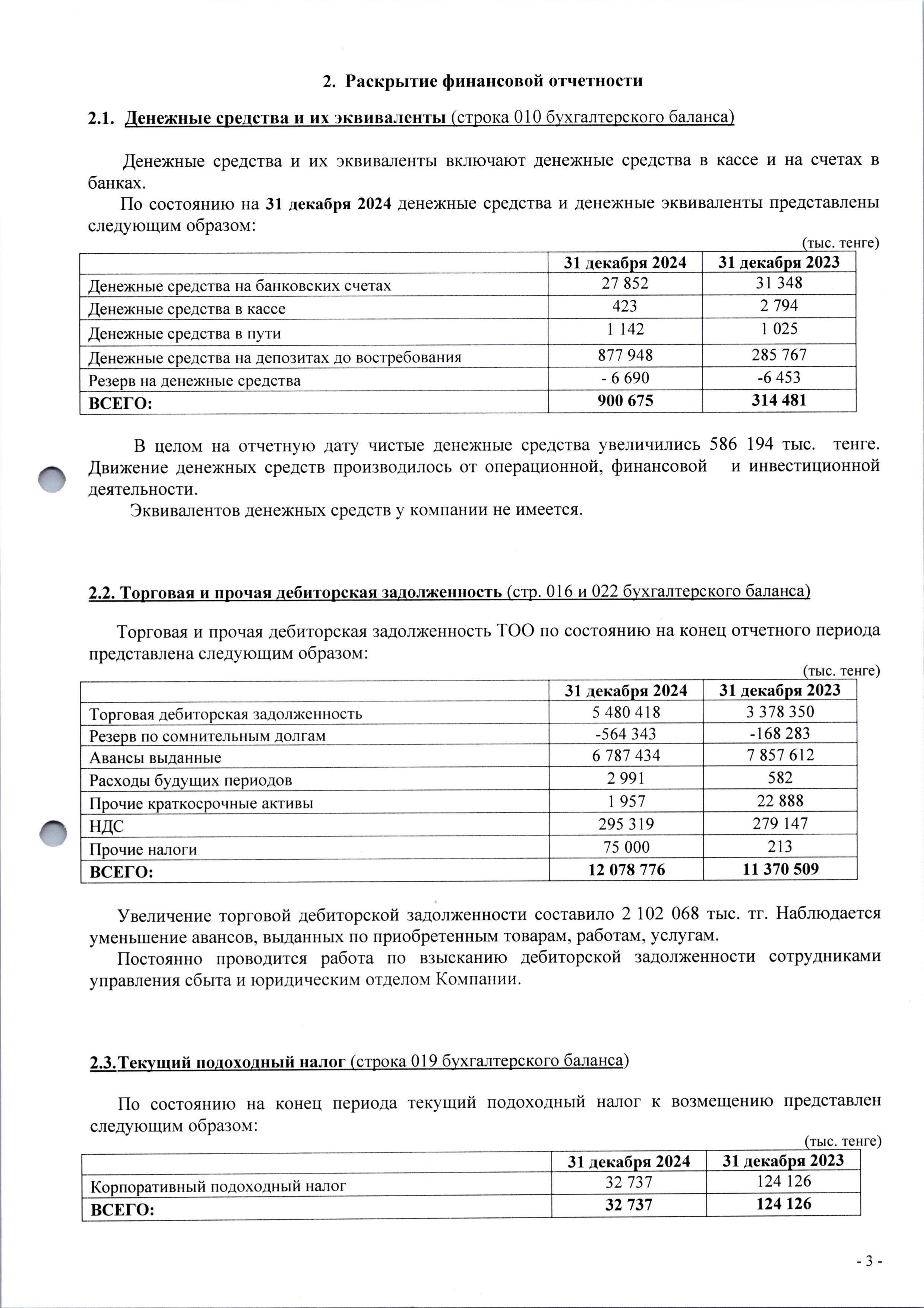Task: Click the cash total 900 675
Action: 625,401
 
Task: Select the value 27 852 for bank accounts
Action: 625,283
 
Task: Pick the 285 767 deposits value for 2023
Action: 779,355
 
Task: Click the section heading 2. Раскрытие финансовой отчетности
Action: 482,81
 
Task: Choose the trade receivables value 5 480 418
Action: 626,712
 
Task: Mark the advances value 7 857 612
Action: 780,755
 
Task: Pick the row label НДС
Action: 107,826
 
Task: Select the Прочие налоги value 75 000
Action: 626,847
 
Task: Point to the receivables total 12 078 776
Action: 626,869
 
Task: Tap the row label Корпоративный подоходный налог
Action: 218,1187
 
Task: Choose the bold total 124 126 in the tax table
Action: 783,1204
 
